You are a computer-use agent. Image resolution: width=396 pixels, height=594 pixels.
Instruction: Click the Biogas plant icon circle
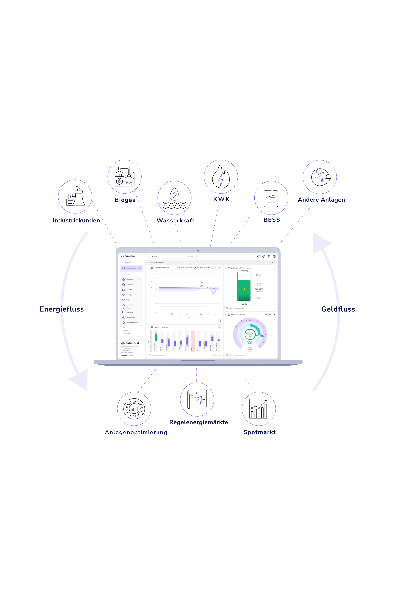click(125, 177)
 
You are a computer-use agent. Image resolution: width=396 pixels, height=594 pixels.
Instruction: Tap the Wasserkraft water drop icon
click(174, 198)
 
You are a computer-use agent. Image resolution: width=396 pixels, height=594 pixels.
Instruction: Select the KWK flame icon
click(221, 177)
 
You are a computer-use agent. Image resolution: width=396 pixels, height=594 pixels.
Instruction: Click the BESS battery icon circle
click(271, 198)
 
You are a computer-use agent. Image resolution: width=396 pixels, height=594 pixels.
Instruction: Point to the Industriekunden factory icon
click(75, 196)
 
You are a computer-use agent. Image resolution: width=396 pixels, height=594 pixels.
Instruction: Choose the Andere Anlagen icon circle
click(320, 177)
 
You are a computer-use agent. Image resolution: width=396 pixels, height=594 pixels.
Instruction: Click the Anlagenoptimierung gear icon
click(134, 409)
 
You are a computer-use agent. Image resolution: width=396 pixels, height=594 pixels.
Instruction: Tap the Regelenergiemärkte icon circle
click(197, 399)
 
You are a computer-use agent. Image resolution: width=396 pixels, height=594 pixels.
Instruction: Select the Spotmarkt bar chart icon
click(259, 409)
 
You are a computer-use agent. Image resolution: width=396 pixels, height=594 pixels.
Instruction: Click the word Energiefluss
click(62, 309)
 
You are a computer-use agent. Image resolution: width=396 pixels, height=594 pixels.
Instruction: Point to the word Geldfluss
click(338, 309)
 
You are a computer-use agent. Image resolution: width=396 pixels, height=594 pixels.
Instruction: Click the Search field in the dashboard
click(173, 256)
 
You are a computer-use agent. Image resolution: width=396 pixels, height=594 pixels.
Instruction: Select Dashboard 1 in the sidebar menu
click(131, 268)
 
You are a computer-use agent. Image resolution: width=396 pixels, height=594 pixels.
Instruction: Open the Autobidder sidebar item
click(131, 317)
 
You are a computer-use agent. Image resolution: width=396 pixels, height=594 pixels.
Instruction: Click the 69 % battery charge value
click(244, 304)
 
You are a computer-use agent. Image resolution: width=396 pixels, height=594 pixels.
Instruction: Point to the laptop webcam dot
click(198, 251)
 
